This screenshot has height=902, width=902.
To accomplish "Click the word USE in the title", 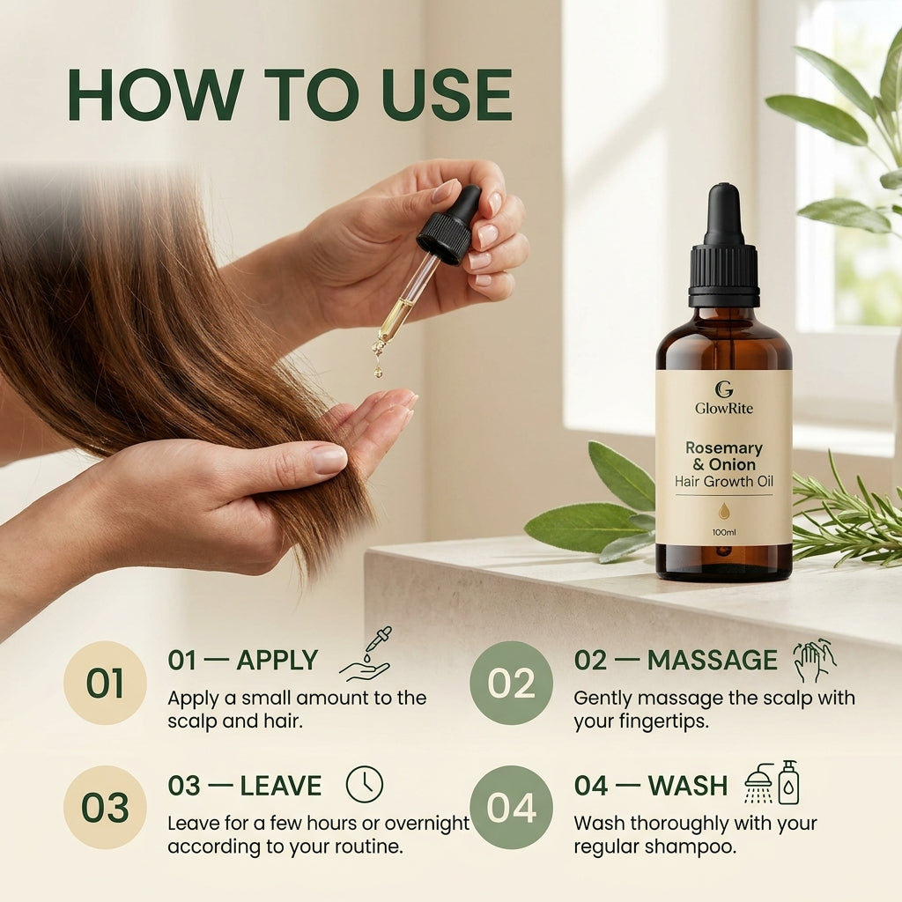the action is (x=447, y=94).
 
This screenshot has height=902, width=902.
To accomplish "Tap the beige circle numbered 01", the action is (x=105, y=683).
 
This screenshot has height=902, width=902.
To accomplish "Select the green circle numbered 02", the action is (x=511, y=683).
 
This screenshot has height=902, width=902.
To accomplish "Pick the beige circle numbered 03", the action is (x=105, y=807).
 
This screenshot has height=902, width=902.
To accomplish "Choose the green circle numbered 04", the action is (x=511, y=807).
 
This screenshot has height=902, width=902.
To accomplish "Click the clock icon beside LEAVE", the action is (x=364, y=784).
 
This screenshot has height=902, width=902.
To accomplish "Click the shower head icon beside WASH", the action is (x=759, y=783).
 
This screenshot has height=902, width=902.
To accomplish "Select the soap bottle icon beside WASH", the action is (x=788, y=782).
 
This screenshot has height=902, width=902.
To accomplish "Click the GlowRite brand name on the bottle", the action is (x=724, y=409).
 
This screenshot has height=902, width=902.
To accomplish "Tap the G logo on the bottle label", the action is (x=724, y=389).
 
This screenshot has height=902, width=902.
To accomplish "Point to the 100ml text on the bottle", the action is (x=724, y=532).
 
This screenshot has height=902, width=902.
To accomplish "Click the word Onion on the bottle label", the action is (x=732, y=464).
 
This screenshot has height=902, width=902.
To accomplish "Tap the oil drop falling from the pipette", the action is (x=378, y=372).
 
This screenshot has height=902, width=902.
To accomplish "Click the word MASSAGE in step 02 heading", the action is (x=712, y=660).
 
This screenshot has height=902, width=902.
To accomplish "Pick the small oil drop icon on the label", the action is (x=724, y=511).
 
